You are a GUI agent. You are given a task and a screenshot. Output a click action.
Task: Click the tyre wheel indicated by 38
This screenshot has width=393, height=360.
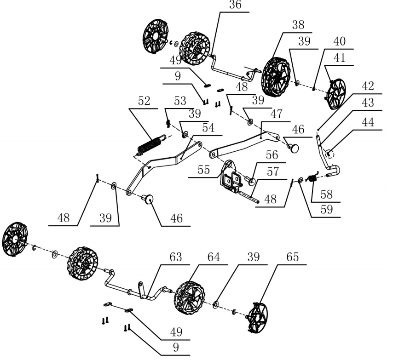275,75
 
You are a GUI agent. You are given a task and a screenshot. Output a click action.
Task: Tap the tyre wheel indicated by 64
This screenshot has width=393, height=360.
189,298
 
